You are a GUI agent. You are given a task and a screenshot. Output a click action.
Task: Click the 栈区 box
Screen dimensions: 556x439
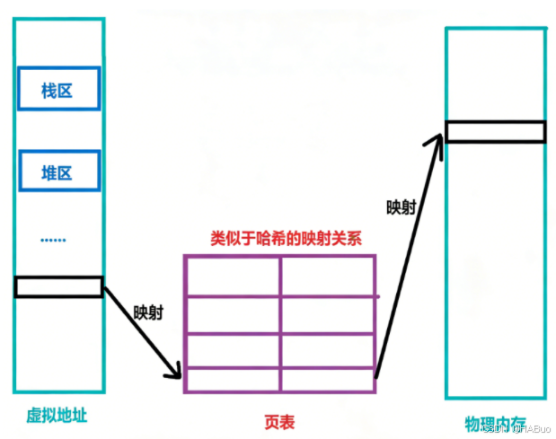point(57,91)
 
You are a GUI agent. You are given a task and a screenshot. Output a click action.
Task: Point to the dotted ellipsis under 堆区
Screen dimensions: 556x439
point(53,240)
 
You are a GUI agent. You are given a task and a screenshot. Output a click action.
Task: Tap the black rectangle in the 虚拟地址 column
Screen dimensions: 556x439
point(58,287)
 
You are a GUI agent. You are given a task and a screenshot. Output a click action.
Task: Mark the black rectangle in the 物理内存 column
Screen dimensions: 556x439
point(495,131)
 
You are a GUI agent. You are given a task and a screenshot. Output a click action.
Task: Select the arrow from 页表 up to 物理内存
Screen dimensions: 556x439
point(409,256)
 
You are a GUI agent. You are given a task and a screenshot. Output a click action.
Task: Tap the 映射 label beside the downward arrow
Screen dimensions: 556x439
point(148,314)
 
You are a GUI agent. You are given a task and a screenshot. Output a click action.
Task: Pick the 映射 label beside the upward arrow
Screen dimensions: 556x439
point(401,207)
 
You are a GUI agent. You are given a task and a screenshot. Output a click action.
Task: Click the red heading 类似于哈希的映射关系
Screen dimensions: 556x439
point(279,240)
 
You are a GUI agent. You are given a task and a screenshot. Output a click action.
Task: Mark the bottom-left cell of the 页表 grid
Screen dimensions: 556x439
point(232,380)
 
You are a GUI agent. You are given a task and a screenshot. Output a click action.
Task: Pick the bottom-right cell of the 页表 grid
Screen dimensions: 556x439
point(328,380)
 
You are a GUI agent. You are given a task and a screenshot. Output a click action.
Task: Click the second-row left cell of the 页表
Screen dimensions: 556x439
point(232,314)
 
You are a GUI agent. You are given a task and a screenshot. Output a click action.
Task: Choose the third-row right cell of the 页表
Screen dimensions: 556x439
point(328,350)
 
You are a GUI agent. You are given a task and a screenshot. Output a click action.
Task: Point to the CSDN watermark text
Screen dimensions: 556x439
point(516,427)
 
